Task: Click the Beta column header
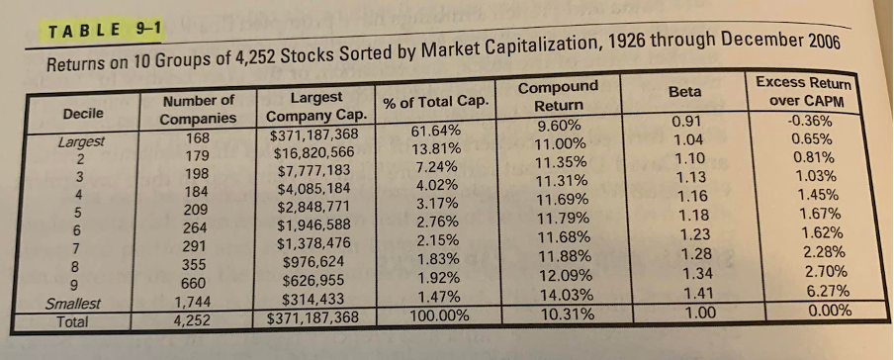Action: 684,91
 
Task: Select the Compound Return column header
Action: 559,96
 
